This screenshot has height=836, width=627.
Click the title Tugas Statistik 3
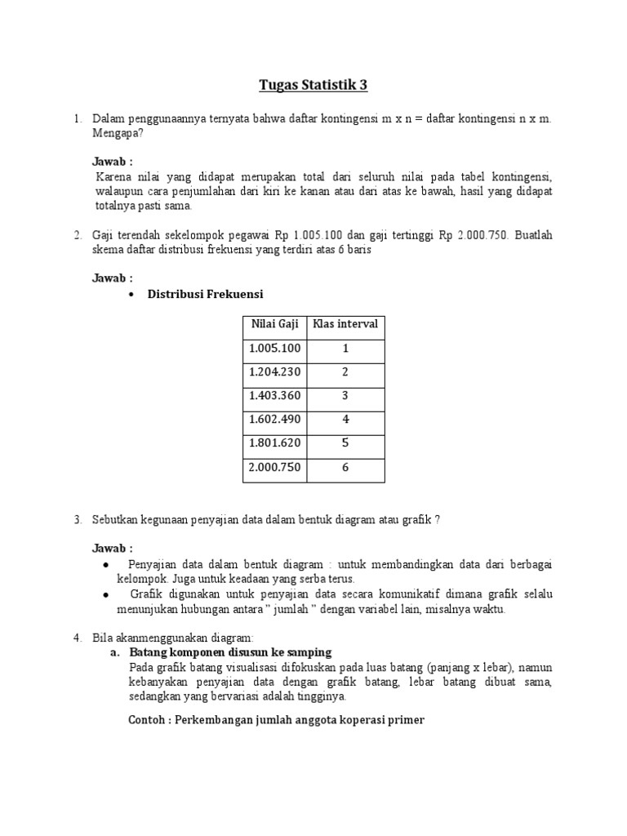[313, 84]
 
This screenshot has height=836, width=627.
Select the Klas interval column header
[345, 324]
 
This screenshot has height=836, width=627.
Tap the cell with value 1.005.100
[274, 349]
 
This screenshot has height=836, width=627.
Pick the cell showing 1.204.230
[274, 372]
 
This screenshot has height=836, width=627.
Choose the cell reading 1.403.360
[274, 396]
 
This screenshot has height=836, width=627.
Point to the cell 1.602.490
[274, 420]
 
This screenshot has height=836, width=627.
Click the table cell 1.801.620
[274, 443]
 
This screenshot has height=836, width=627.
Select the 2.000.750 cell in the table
[274, 468]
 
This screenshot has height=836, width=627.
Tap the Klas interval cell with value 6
[345, 468]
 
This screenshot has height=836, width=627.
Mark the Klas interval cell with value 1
[345, 349]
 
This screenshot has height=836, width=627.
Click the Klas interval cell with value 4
[345, 420]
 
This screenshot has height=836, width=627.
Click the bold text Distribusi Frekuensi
[205, 294]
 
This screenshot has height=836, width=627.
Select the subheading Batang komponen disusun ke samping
[230, 653]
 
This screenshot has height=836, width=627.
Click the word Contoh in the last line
[149, 721]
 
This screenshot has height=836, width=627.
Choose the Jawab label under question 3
[112, 548]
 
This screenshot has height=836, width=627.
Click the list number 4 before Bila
[76, 637]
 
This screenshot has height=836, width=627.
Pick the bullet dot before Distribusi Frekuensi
[132, 295]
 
